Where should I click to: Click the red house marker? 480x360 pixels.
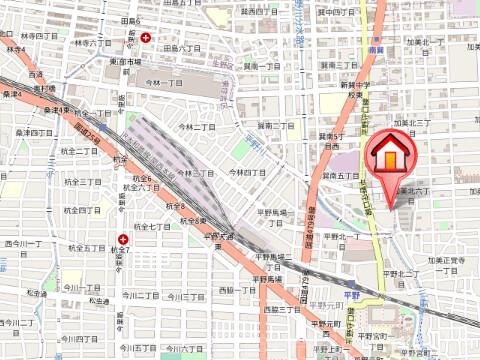[388, 155]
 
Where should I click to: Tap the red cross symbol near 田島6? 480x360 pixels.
[147, 37]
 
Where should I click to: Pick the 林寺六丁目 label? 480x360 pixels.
[93, 43]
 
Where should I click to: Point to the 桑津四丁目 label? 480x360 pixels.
[34, 132]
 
